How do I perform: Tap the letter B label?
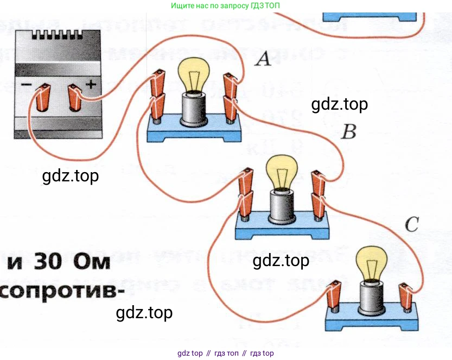pyautogui.click(x=347, y=131)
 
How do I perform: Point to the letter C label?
pyautogui.click(x=412, y=224)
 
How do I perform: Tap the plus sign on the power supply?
pyautogui.click(x=91, y=84)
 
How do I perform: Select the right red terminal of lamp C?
pyautogui.click(x=405, y=297)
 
